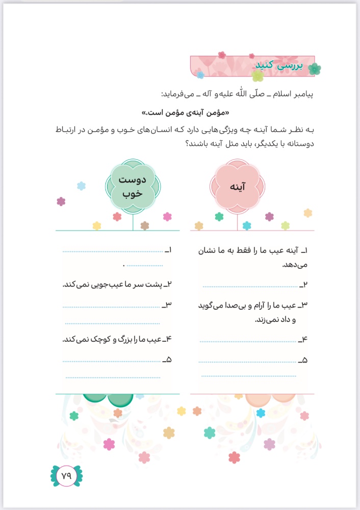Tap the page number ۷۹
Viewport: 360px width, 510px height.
pos(66,475)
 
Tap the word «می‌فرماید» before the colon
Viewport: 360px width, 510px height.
pos(178,94)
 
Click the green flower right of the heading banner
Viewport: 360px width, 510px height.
pos(314,68)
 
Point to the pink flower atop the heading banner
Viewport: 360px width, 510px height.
pos(222,55)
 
